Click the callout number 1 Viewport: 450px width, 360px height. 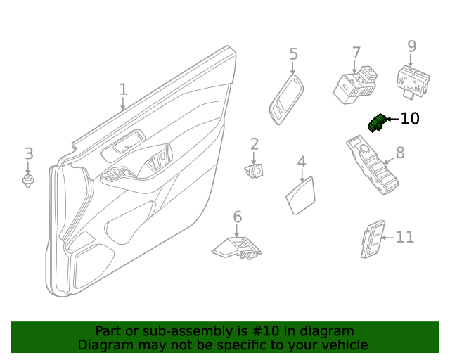124,89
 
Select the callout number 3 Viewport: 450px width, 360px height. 29,153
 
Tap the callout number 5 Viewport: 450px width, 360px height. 293,54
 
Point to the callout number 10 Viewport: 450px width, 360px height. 410,119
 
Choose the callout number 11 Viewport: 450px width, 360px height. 405,238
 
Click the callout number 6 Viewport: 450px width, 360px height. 237,217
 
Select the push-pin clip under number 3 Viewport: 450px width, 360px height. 29,182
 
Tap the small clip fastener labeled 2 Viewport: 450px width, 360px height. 255,170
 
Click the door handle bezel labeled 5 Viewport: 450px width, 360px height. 285,101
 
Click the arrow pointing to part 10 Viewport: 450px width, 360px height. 392,119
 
